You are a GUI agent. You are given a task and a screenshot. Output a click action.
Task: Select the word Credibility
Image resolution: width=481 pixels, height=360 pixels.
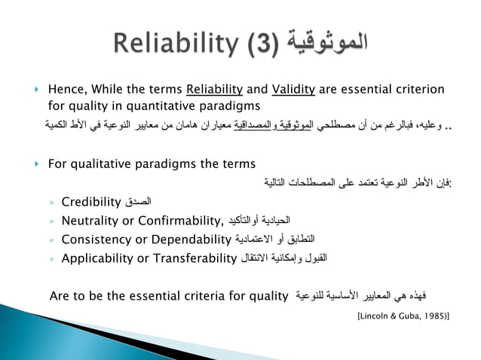point(91,201)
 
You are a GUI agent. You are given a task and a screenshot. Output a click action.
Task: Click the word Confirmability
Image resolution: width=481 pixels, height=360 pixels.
point(181,221)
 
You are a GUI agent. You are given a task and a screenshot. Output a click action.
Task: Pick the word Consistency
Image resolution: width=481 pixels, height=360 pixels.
point(94,240)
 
